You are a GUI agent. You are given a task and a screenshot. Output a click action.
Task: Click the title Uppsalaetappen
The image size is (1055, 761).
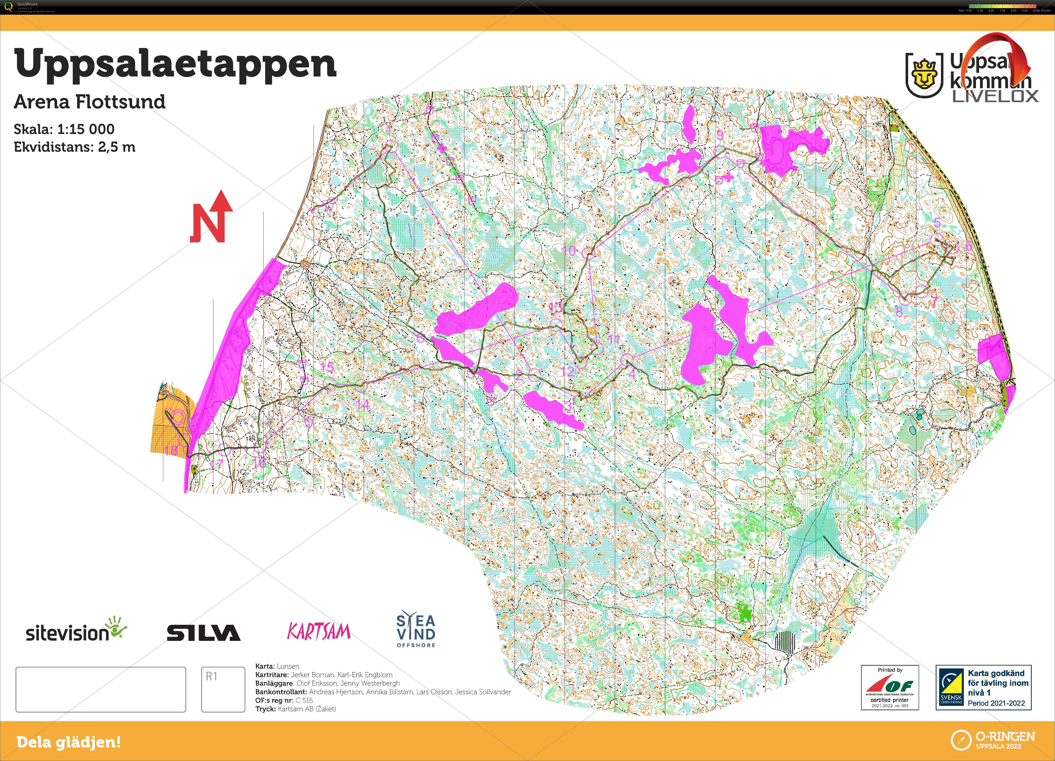pos(176,64)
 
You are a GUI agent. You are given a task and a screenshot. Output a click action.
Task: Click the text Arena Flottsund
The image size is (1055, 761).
pos(89,101)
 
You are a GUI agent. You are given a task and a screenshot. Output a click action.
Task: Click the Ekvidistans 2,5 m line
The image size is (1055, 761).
pos(74,147)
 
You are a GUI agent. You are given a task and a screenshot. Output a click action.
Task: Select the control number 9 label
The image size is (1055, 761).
pos(720,135)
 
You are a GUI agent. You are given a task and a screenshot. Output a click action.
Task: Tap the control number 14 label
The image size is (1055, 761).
pos(362,404)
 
